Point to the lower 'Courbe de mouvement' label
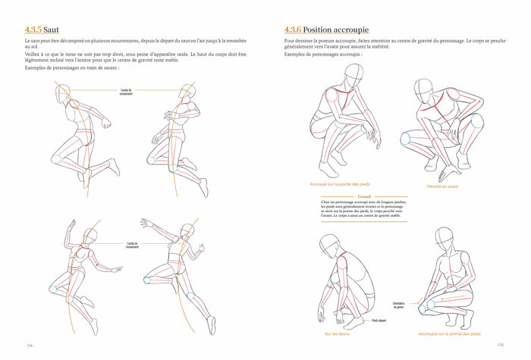coord(132,245)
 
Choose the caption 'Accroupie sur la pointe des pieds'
coord(449,333)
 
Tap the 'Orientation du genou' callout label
coord(399,305)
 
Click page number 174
coord(30,345)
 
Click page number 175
coord(501,345)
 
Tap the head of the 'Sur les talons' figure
coord(330,244)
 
